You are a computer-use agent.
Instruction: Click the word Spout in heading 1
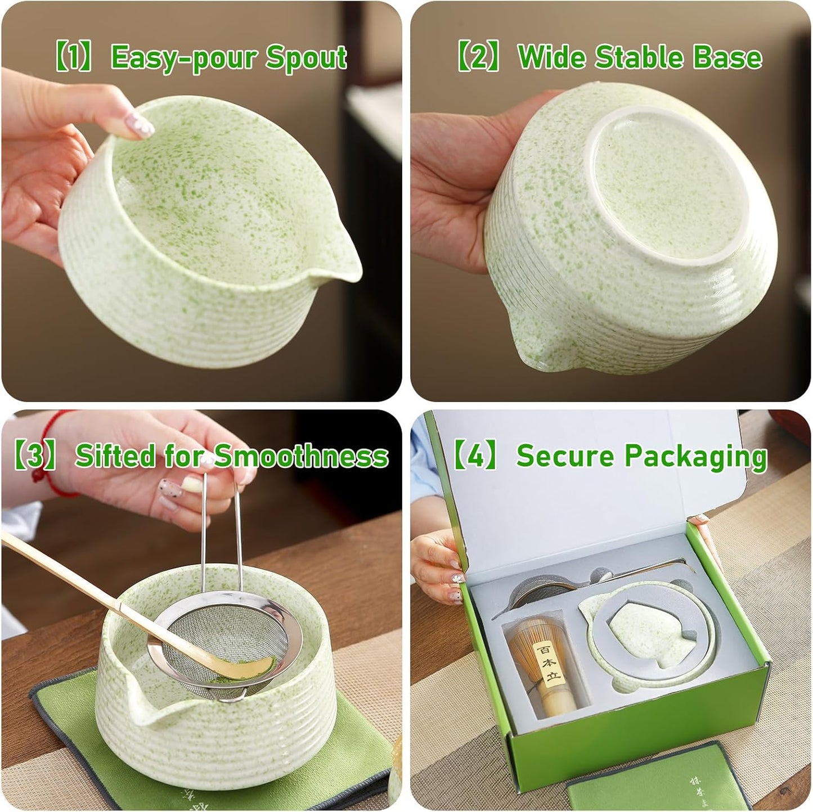click(306, 57)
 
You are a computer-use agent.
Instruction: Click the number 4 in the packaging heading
click(476, 455)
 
